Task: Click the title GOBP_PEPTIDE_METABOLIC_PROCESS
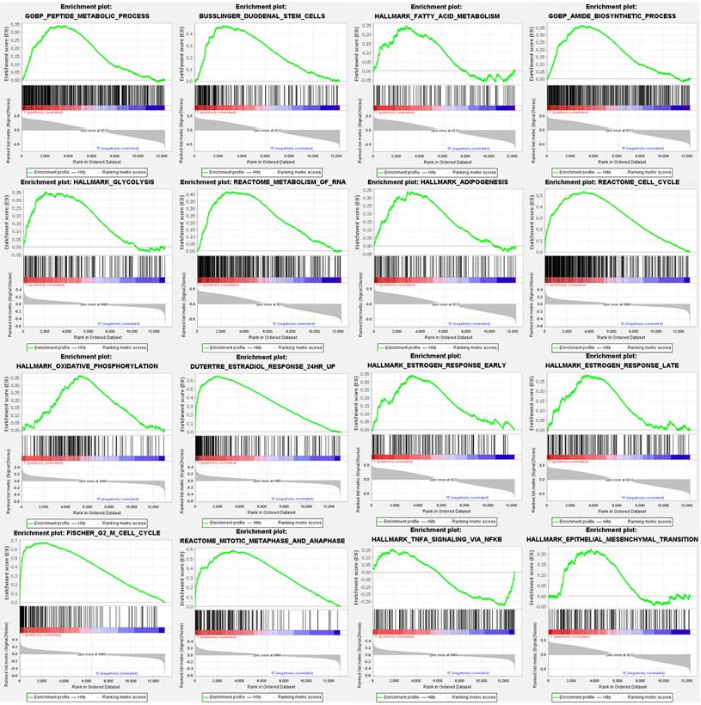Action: (x=88, y=16)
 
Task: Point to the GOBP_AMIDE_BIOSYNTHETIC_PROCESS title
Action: (x=612, y=16)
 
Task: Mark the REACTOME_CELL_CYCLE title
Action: (x=612, y=182)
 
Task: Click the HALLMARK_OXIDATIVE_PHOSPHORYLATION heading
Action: (x=87, y=366)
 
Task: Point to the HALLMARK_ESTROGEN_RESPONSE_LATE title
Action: (x=612, y=365)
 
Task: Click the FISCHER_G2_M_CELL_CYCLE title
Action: (x=95, y=533)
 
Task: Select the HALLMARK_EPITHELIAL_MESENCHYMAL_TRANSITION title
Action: (x=612, y=539)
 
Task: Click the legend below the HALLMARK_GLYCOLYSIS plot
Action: (x=86, y=347)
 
